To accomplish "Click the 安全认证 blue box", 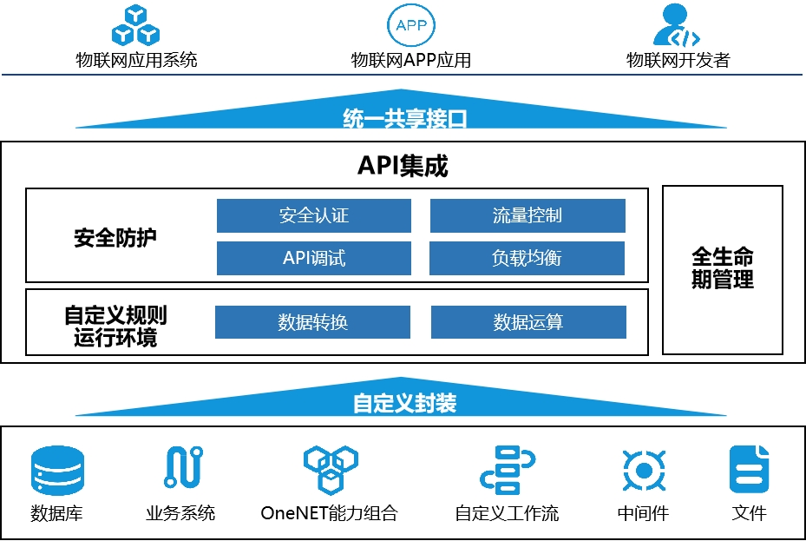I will click(x=313, y=215).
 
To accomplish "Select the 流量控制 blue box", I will click(x=528, y=215).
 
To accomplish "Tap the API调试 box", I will click(x=313, y=258).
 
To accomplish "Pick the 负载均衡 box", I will click(x=527, y=258).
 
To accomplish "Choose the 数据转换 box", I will click(x=312, y=322).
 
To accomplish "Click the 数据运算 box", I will click(x=528, y=322).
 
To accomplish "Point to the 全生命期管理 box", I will click(x=723, y=269).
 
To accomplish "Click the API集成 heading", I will click(x=403, y=166).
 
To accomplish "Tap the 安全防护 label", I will click(x=116, y=237).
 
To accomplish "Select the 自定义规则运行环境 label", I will click(x=115, y=326).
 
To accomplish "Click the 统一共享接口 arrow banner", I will click(x=404, y=118).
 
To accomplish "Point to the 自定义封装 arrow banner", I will click(x=404, y=403).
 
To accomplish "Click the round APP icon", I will click(x=410, y=25).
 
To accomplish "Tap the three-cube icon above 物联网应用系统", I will click(x=136, y=25).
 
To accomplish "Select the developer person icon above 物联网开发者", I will click(x=677, y=25).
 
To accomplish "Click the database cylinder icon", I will click(x=57, y=470).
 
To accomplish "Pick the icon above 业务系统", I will click(x=183, y=467).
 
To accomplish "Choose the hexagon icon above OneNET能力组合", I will click(x=330, y=469).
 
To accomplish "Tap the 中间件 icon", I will click(x=643, y=470).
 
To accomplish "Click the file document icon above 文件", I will click(x=749, y=469).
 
